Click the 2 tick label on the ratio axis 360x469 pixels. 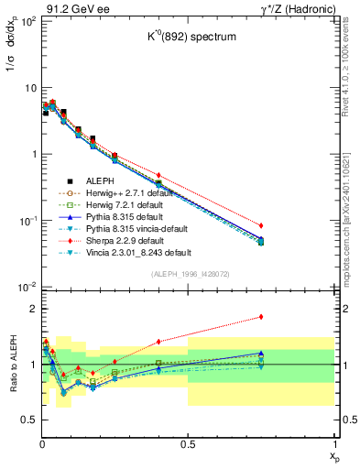pyautogui.click(x=29, y=309)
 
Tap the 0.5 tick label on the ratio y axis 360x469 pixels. pyautogui.click(x=26, y=420)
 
